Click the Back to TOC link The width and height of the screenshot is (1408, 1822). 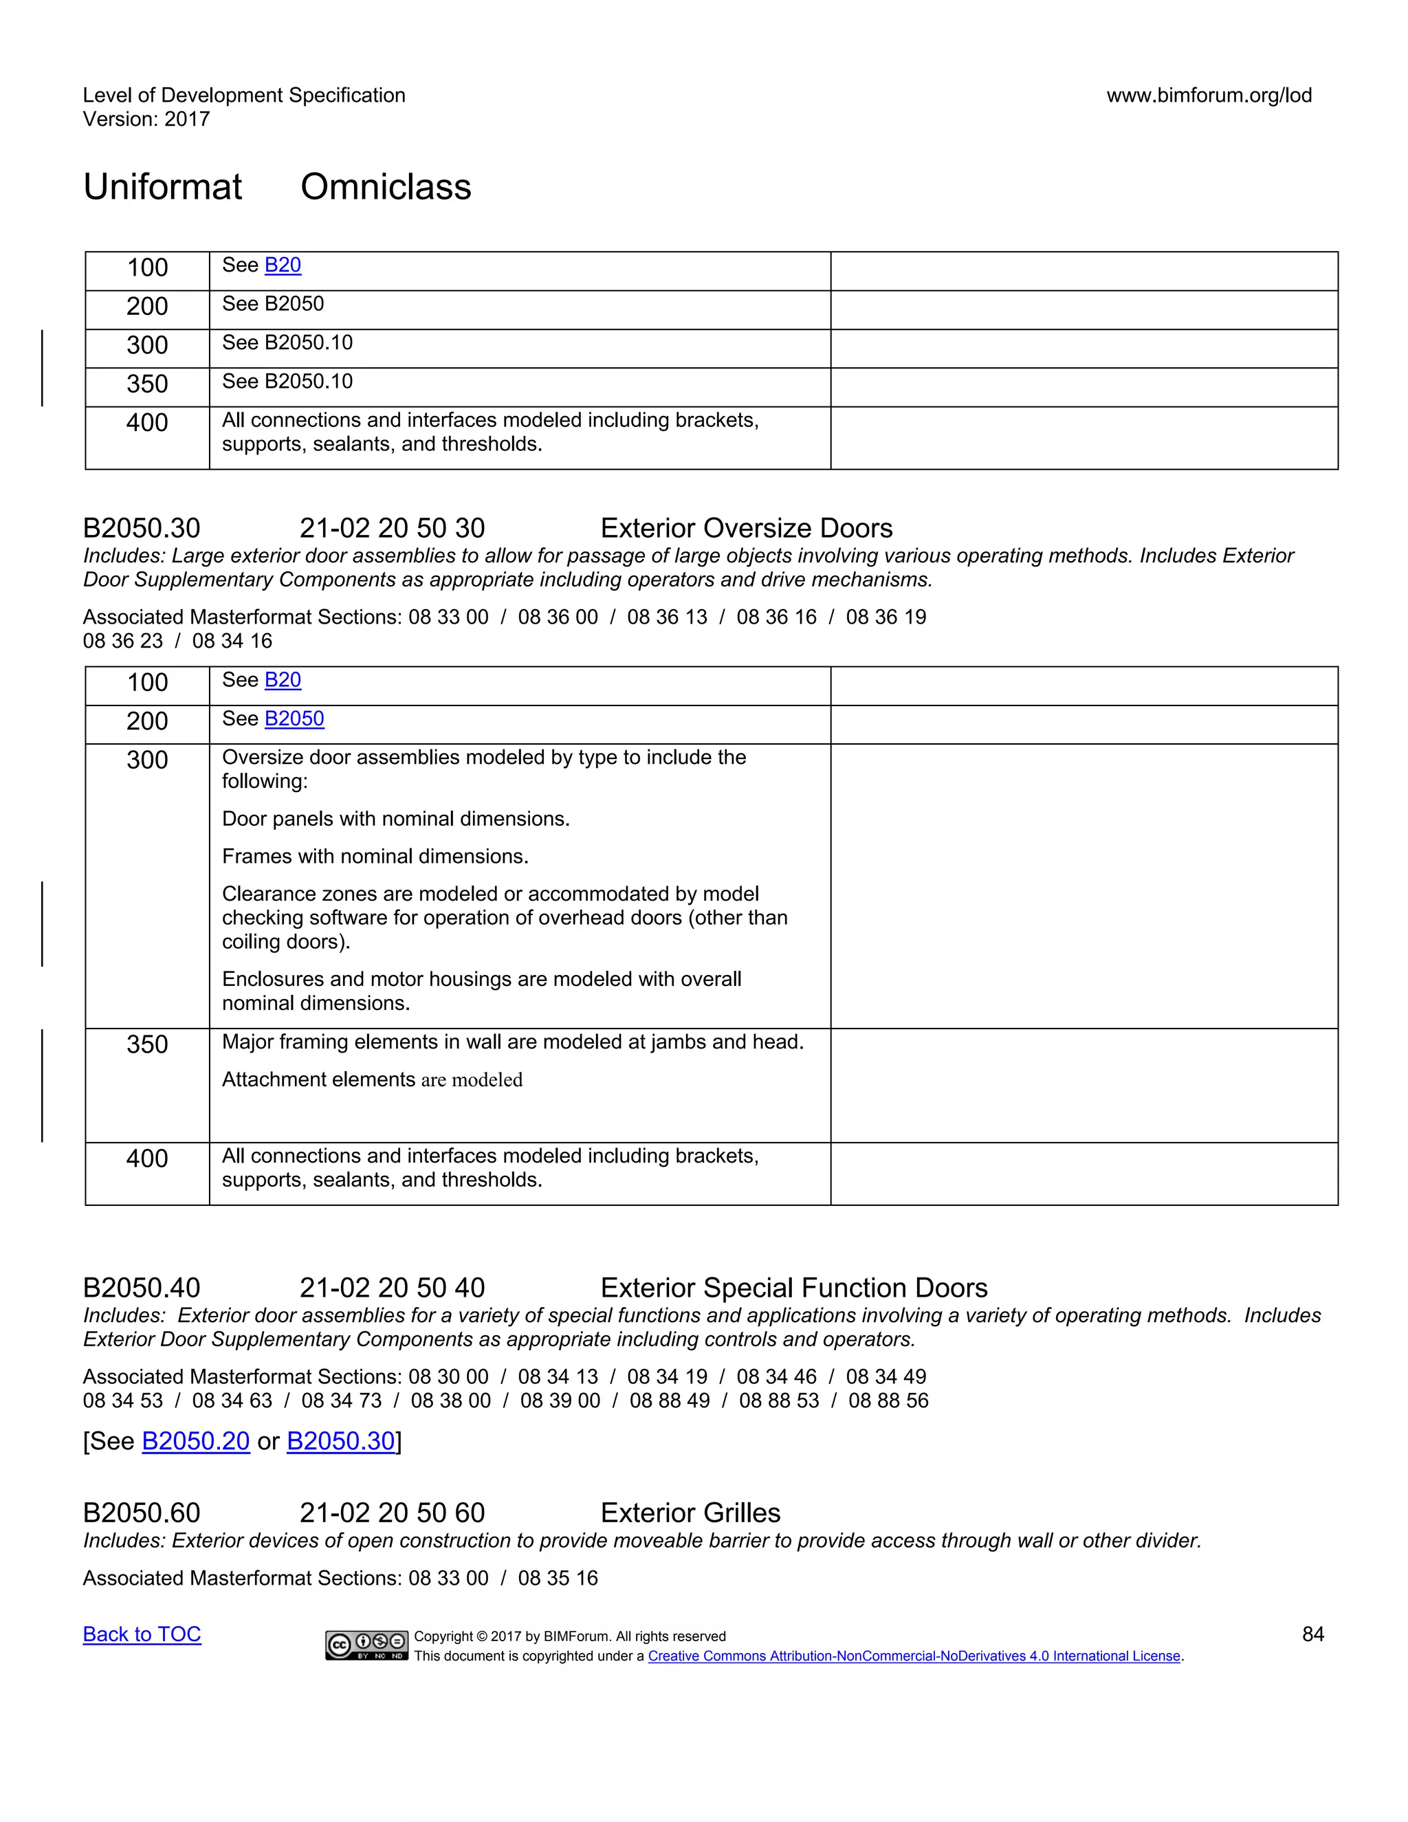pos(142,1634)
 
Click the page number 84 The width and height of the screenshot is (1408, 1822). pos(1313,1634)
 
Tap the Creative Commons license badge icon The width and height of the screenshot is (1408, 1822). pos(366,1645)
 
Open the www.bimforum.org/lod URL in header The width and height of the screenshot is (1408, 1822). pos(1209,95)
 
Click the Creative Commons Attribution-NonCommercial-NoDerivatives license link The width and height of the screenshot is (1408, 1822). pos(914,1656)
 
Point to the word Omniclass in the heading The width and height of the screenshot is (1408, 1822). pos(386,187)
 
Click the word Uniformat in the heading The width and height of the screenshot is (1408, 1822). pos(163,187)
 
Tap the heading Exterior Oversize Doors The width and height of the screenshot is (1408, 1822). pos(746,528)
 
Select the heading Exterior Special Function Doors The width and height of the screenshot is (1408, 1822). pos(793,1288)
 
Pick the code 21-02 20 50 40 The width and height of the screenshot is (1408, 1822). pos(392,1288)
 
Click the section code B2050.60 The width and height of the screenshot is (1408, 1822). pos(142,1513)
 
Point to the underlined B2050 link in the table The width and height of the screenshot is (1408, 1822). pos(294,718)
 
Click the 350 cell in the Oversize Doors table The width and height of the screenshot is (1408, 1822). pos(148,1044)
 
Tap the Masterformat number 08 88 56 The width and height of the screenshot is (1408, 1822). pos(888,1401)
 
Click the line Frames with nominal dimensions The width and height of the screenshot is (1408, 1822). pos(375,857)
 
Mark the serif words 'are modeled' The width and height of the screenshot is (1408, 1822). pos(471,1080)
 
